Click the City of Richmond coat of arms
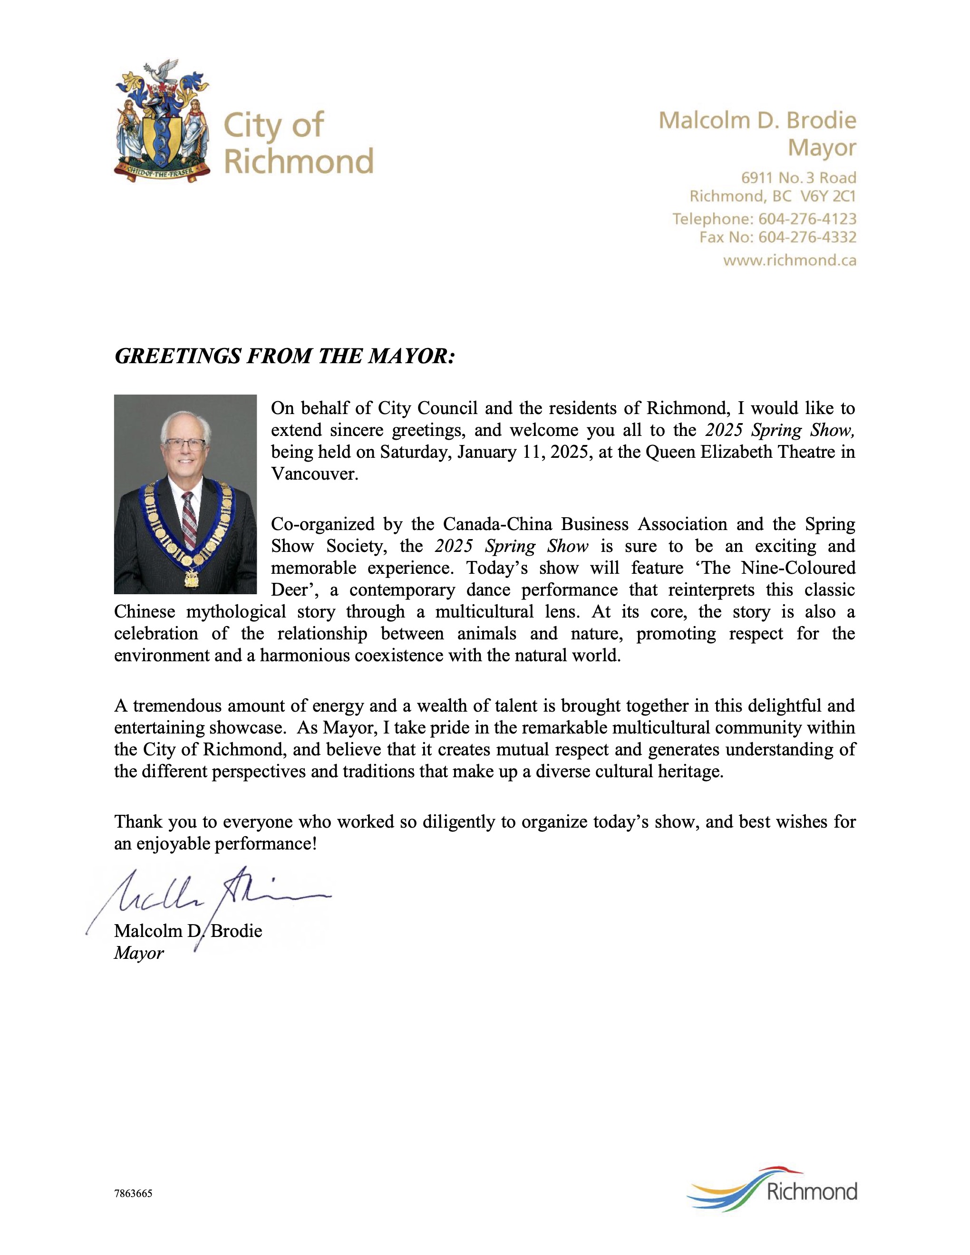(x=162, y=121)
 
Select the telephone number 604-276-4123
(x=807, y=219)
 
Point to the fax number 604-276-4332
(x=807, y=237)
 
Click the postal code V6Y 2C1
(x=827, y=196)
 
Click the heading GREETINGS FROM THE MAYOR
(x=284, y=356)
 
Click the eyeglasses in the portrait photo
(x=185, y=444)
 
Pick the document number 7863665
(x=133, y=1194)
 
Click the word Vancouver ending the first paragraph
(x=314, y=474)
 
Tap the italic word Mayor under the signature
(x=138, y=953)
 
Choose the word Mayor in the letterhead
(x=821, y=148)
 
